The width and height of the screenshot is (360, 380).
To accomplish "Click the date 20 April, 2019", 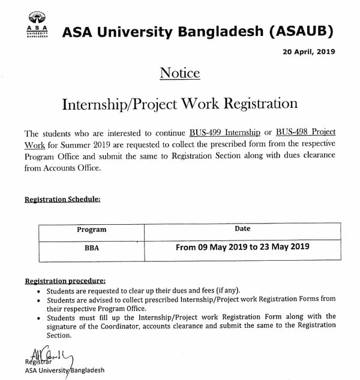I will (308, 52).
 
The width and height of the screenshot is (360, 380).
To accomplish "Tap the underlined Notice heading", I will (179, 73).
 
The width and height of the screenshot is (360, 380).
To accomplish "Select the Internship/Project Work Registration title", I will (180, 104).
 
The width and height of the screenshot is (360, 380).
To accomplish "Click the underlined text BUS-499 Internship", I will (224, 131).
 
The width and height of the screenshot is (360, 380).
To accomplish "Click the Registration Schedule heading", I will (62, 199).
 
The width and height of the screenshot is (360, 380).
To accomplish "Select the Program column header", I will (91, 230).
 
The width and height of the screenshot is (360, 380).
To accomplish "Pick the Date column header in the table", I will (242, 228).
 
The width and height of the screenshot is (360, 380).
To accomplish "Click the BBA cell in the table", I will (91, 247).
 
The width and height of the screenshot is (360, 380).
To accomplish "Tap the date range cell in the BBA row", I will (242, 246).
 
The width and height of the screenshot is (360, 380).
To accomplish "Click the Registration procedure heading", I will (65, 280).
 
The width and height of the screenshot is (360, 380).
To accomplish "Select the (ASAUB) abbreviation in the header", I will (296, 31).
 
